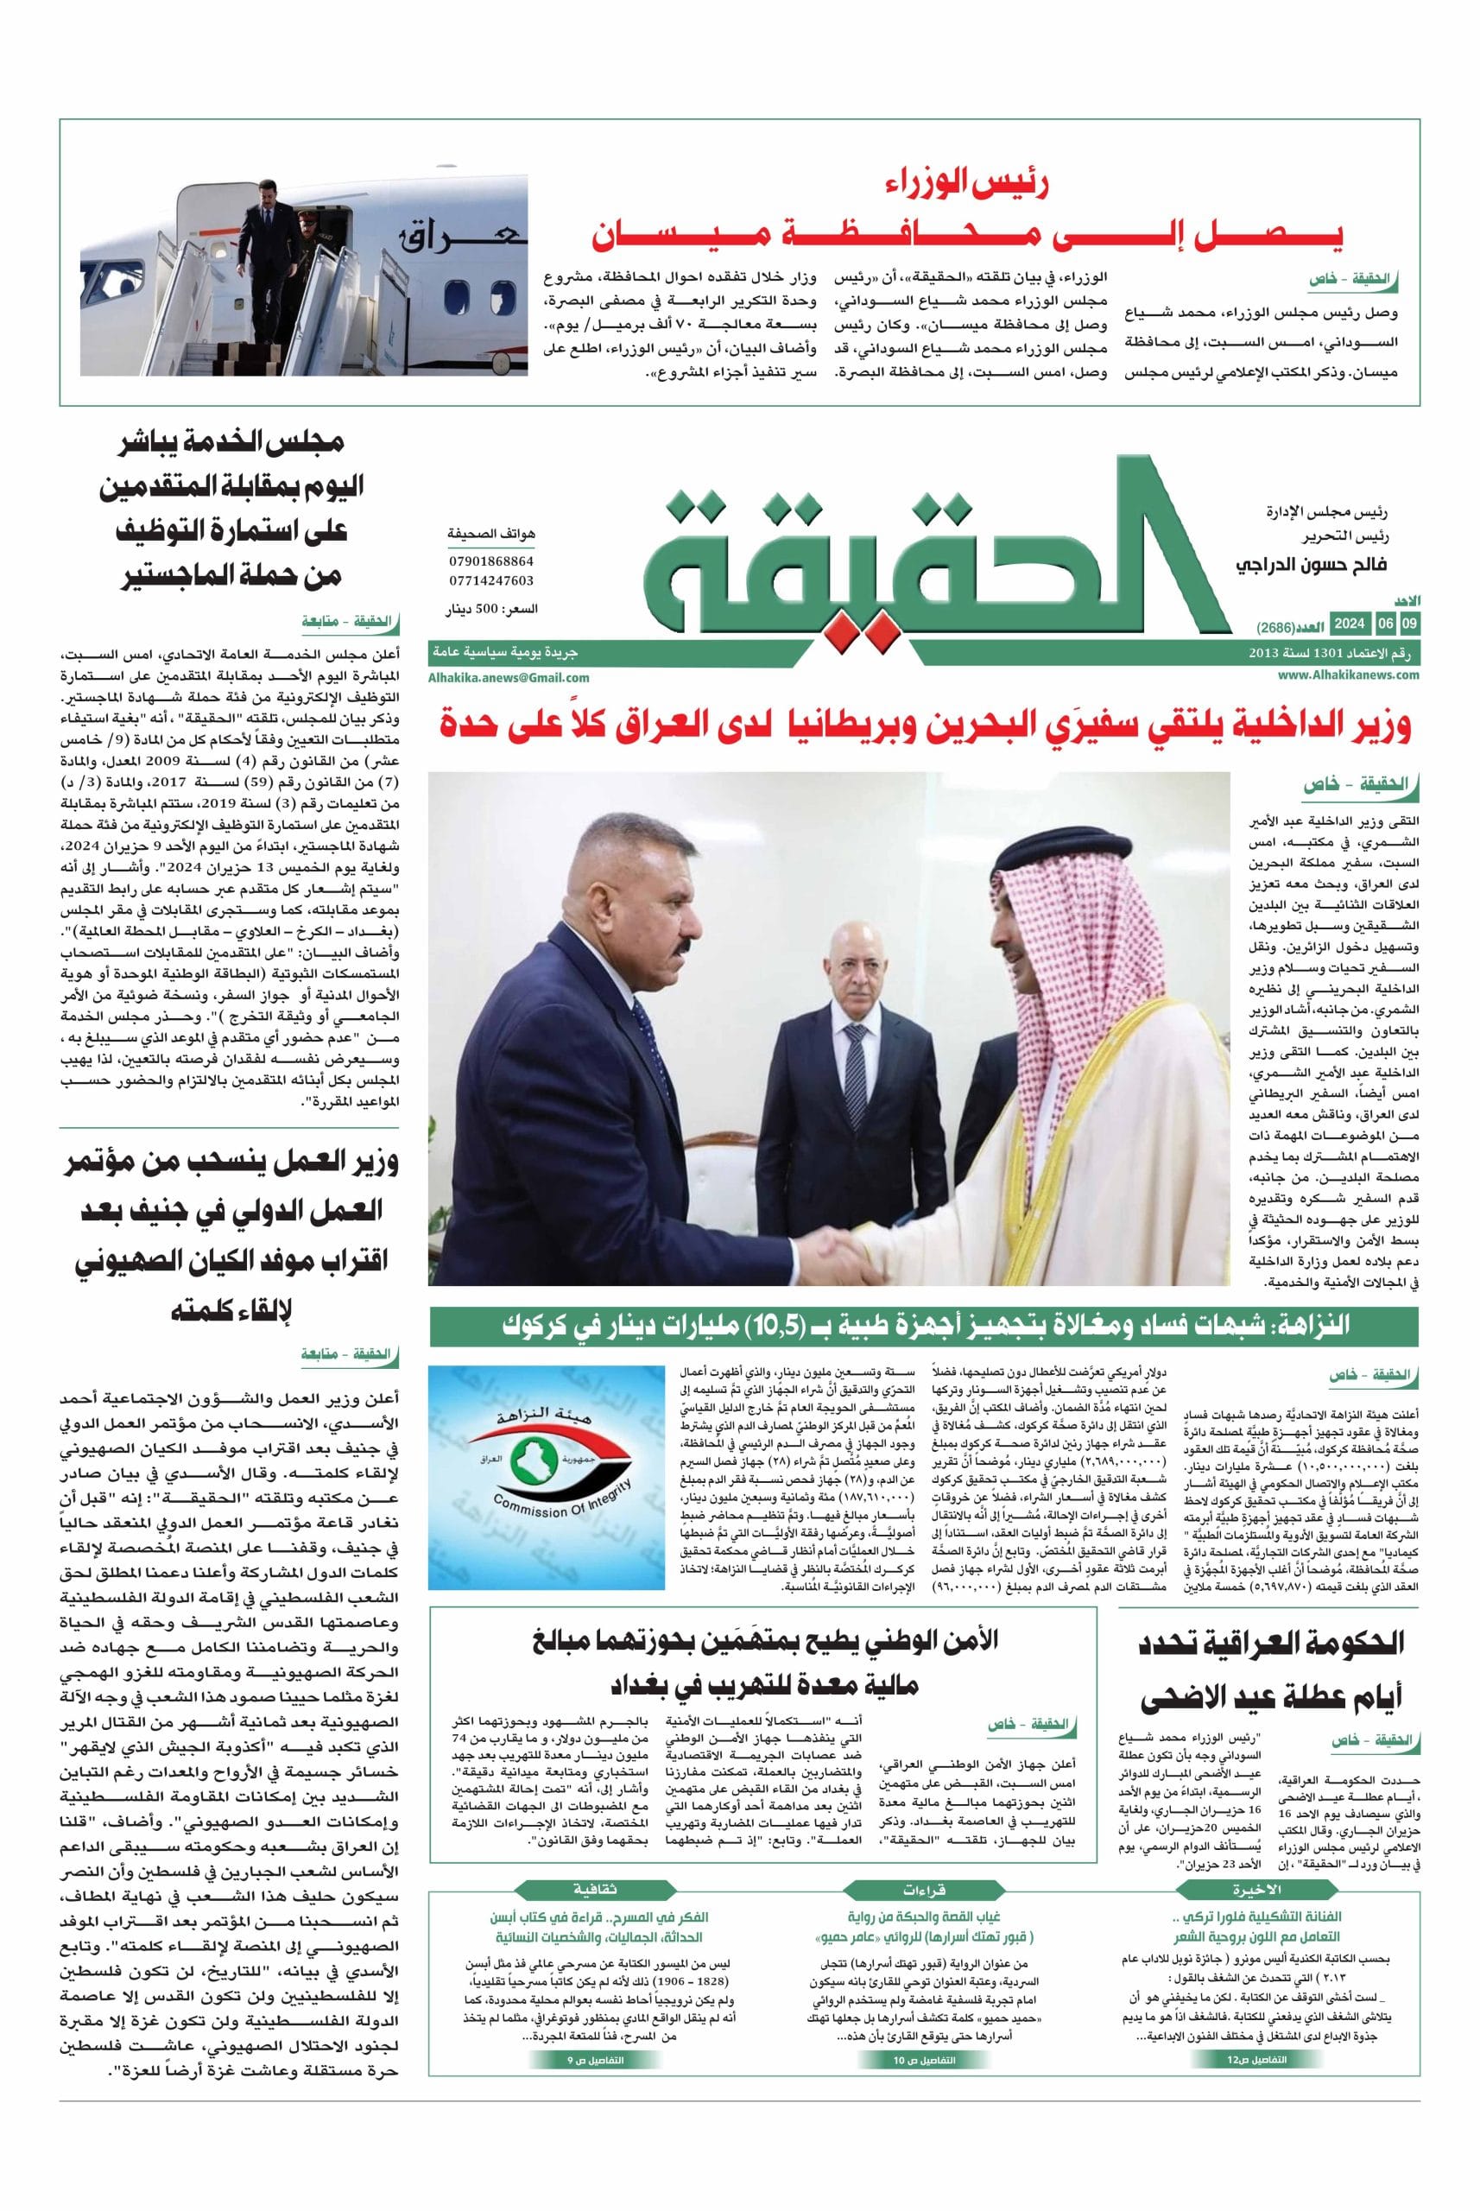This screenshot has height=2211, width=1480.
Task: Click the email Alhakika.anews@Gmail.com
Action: [x=509, y=677]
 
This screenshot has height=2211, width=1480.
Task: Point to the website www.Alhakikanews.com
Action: [x=1349, y=674]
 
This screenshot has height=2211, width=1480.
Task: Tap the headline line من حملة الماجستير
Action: [x=231, y=575]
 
